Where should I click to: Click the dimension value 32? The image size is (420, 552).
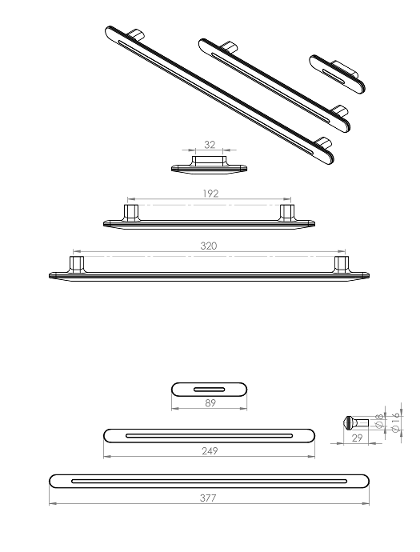[210, 145]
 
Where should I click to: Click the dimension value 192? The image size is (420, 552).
[210, 194]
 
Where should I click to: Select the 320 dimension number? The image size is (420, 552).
[209, 246]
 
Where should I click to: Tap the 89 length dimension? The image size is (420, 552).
[210, 402]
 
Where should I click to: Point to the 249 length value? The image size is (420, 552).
[210, 450]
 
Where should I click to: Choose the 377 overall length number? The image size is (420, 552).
[208, 498]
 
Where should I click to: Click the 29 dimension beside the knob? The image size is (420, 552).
[357, 438]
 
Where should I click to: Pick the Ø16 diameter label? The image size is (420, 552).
[396, 422]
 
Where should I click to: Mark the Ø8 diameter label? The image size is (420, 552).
[379, 421]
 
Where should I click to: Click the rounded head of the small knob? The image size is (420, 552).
[347, 422]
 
